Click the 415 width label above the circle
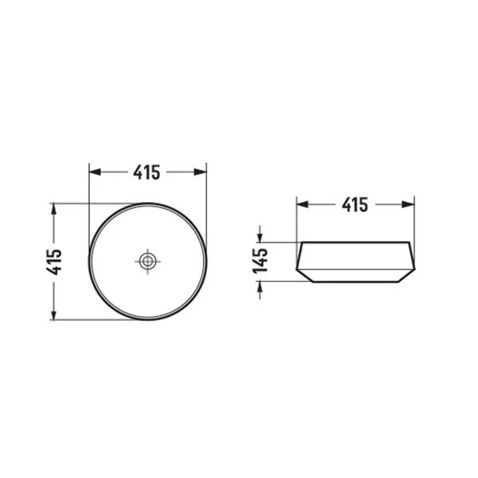[x=147, y=172]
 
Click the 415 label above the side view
[x=355, y=205]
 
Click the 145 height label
[x=260, y=261]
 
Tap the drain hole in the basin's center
[x=148, y=261]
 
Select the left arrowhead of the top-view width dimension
[x=95, y=172]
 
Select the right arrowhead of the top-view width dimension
[x=200, y=172]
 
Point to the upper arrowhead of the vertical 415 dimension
[x=54, y=209]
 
